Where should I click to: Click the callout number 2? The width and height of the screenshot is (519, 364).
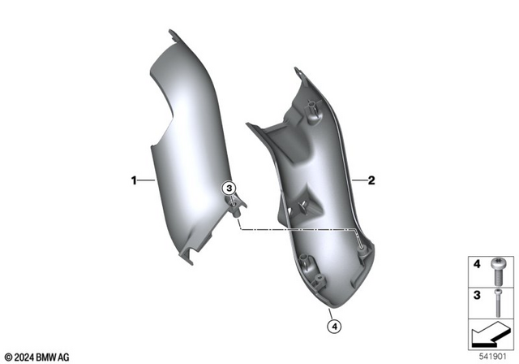371,180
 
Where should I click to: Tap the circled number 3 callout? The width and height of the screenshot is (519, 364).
231,188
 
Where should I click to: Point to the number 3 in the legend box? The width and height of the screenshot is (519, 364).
477,294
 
